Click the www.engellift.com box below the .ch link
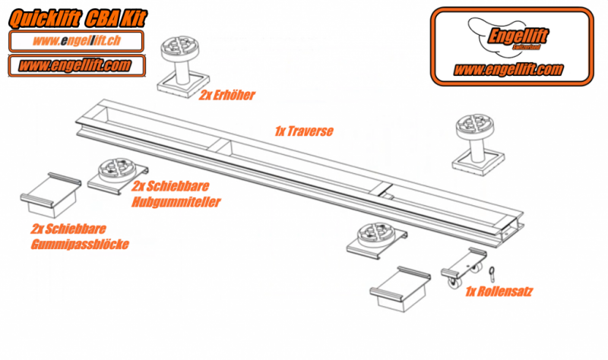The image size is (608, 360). click(x=76, y=65)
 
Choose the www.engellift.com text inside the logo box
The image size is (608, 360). click(x=508, y=69)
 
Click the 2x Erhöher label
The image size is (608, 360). click(x=227, y=96)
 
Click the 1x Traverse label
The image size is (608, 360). click(x=303, y=131)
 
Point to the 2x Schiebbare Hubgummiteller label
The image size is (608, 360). click(x=176, y=194)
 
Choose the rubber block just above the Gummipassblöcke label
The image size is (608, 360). click(x=51, y=194)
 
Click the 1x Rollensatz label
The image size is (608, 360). click(x=498, y=291)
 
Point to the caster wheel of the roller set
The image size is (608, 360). click(x=457, y=282)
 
